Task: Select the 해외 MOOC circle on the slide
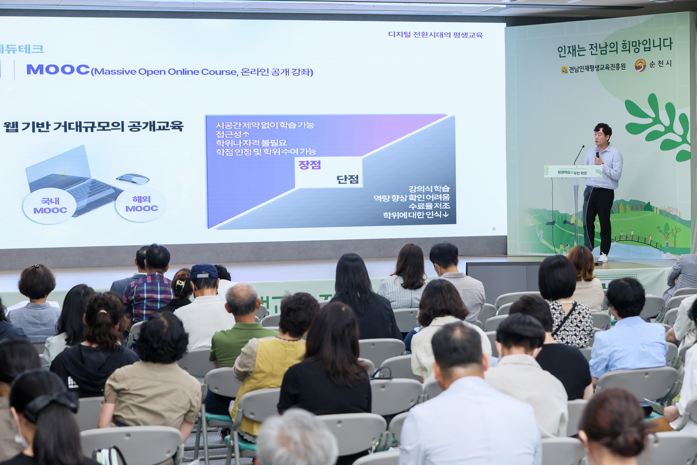(142, 204)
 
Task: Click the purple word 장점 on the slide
(309, 165)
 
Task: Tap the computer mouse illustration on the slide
(133, 178)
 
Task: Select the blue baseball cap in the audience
(204, 271)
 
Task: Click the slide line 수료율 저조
(429, 206)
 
